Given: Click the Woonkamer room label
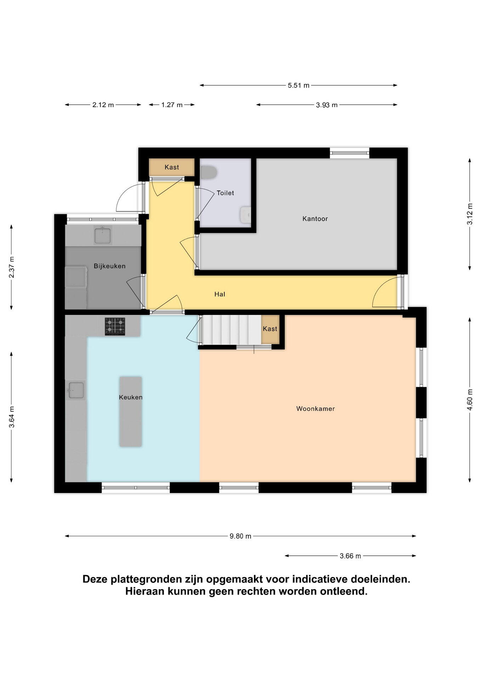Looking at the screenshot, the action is [315, 409].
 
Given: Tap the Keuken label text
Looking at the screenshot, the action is [131, 397].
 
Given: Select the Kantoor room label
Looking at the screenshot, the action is [315, 219].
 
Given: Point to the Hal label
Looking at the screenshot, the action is [220, 294].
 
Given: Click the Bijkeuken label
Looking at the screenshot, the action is [109, 266].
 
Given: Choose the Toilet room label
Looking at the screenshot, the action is [225, 193].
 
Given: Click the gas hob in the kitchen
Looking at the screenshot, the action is [115, 326].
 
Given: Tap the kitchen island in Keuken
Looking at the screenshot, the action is [131, 412].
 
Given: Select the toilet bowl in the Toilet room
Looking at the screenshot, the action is [209, 172].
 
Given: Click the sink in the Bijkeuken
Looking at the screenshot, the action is [102, 236].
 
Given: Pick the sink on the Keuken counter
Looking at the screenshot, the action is [75, 390].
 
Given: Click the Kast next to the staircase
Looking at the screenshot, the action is [270, 329].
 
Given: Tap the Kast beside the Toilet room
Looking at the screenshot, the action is [172, 167].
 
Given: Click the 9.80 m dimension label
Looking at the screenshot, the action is [240, 536].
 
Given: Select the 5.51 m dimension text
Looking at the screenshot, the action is [299, 85].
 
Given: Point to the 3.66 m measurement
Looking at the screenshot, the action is [350, 556].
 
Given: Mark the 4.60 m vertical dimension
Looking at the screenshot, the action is [470, 400].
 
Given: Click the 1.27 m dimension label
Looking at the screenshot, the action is [172, 105].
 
